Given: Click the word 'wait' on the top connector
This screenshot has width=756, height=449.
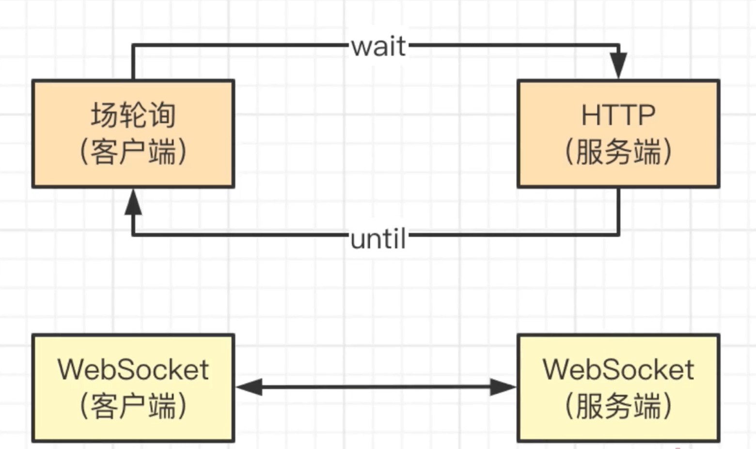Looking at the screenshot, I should tap(378, 47).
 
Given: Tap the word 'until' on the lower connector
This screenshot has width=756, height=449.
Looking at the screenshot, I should tap(378, 239).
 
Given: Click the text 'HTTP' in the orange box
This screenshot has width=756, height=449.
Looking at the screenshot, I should tap(618, 115).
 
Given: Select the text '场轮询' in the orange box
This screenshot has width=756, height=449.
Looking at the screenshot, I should tap(133, 115).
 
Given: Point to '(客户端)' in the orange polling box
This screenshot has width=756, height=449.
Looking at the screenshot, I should tap(133, 152).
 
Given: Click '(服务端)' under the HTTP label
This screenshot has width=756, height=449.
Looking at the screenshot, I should tap(618, 152).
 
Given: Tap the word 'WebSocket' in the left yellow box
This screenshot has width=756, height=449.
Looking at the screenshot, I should tap(133, 369).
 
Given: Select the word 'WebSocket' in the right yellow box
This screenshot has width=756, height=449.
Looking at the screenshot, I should tap(618, 369).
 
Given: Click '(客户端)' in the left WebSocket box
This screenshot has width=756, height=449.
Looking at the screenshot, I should tap(133, 406).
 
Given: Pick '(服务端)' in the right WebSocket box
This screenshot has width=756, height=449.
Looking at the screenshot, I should tap(618, 406).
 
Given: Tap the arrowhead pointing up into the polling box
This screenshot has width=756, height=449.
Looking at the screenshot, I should tap(133, 203).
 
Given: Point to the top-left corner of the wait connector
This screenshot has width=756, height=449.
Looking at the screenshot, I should tap(133, 46).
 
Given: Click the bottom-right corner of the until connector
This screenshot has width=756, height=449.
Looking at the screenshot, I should tap(618, 235).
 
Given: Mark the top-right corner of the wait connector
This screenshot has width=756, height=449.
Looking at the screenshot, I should tap(618, 46).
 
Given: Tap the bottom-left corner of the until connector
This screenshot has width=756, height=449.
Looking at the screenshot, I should tap(133, 235).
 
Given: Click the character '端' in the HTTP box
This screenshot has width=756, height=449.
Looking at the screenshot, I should tap(647, 152).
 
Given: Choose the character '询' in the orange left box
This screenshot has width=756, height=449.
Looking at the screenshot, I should tap(162, 115).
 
